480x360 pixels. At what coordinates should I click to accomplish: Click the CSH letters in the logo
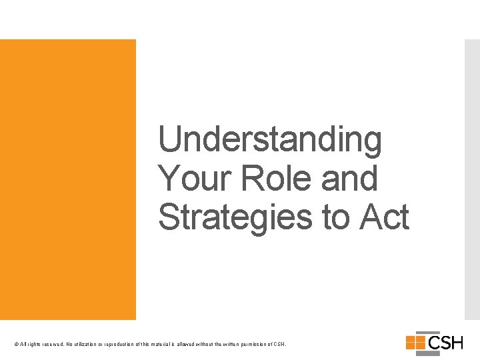pos(445,343)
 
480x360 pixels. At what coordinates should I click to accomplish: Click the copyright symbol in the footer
pos(15,345)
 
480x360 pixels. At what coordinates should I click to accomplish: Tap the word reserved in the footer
pos(51,345)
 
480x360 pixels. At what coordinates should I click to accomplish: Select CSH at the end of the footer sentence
pos(280,345)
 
